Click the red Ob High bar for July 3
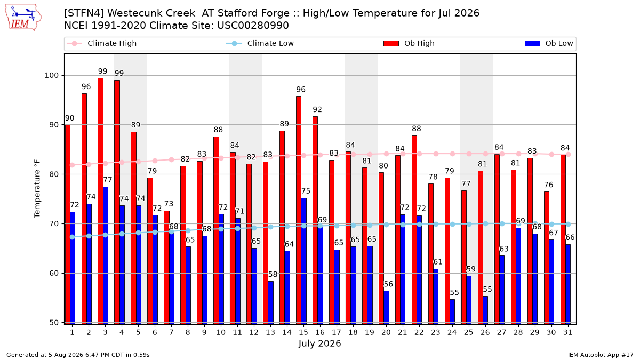101,201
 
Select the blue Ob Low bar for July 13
270,303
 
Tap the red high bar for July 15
299,210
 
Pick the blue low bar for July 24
452,311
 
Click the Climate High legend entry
102,43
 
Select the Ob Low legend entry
549,43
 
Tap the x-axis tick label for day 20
386,332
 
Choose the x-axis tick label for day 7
171,332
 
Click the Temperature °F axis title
37,189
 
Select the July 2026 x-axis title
319,343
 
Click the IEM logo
23,18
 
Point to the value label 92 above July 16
317,109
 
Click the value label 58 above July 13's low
273,274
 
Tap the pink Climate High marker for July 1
73,165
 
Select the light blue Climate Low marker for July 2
89,236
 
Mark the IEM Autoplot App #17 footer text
601,355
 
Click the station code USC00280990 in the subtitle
253,26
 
